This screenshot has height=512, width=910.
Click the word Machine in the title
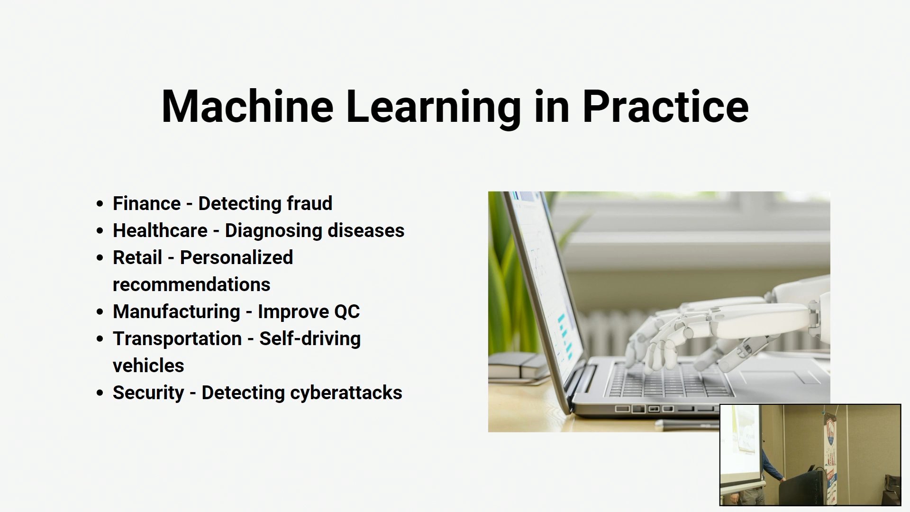coord(247,106)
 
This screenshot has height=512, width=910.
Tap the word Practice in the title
coord(665,106)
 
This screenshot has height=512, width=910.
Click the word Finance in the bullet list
coord(146,203)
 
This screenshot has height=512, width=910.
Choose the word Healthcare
coord(160,230)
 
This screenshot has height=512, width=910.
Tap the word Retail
coord(137,257)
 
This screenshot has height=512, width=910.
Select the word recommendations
coord(191,284)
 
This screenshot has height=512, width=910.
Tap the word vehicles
coord(148,366)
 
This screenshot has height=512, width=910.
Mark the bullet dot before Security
coord(100,393)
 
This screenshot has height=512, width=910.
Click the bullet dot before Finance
coord(100,204)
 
